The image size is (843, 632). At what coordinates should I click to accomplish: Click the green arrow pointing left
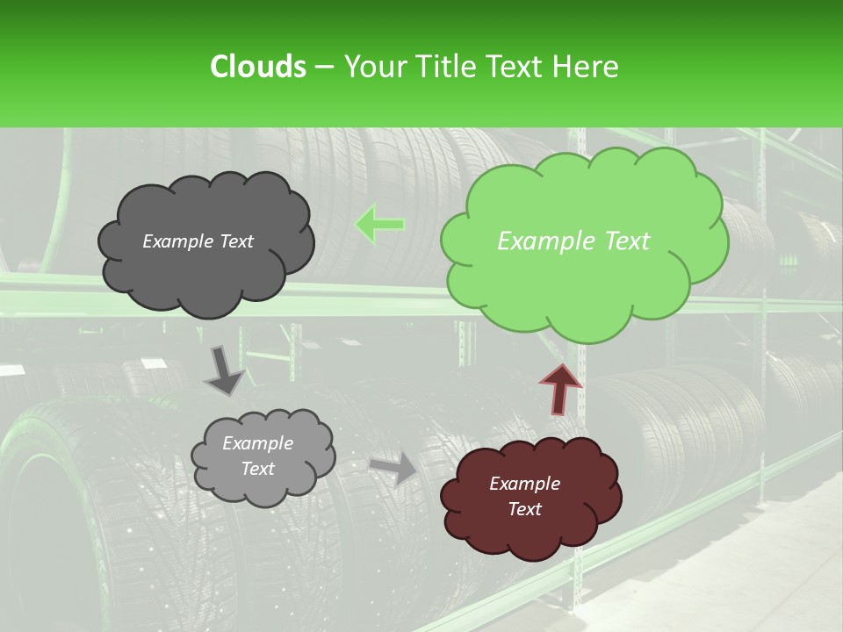coord(379,225)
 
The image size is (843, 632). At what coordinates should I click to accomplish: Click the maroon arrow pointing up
coord(561,387)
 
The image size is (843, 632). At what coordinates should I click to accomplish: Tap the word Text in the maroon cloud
coord(525,509)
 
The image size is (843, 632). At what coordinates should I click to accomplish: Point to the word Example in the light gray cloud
coord(258,444)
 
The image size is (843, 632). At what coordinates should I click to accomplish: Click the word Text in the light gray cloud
coord(258,469)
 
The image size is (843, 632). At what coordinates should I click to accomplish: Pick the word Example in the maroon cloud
coord(525,484)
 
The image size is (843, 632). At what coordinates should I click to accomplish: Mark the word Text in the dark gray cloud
coord(234,241)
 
